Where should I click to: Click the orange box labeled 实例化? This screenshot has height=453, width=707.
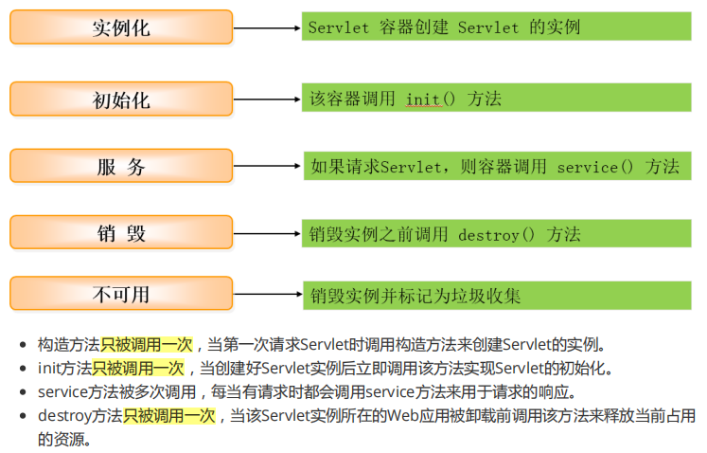(121, 27)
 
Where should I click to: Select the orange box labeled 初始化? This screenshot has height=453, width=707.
(121, 99)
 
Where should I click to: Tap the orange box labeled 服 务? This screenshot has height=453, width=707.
(121, 166)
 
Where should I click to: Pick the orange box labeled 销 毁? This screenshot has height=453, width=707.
(121, 232)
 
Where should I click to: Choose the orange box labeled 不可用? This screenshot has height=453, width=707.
(121, 293)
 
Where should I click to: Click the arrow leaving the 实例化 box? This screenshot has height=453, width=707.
(267, 27)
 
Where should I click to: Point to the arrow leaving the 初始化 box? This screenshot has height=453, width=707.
(267, 99)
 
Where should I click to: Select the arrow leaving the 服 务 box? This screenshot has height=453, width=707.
(267, 166)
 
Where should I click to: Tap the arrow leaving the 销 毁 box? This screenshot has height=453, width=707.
(267, 232)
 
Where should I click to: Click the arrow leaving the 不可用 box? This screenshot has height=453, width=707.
(267, 294)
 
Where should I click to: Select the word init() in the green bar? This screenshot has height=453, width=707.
(432, 99)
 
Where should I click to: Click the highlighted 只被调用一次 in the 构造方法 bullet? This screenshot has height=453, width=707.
(147, 345)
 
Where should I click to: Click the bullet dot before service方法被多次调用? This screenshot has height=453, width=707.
(24, 391)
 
